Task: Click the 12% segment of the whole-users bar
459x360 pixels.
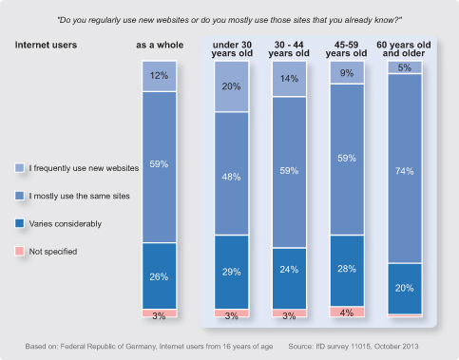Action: click(160, 76)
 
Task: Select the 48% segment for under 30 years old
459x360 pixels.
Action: click(232, 174)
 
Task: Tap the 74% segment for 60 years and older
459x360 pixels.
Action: click(405, 168)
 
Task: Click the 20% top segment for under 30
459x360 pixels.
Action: click(232, 86)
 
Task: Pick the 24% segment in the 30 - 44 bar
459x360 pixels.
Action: click(290, 278)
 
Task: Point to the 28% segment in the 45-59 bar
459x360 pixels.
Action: click(347, 271)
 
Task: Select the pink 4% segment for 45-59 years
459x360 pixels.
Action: click(347, 312)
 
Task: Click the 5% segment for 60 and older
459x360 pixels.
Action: click(405, 67)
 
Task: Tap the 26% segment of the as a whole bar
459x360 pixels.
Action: click(160, 275)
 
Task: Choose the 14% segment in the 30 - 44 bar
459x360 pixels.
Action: click(290, 79)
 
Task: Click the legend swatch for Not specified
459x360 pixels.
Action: click(20, 251)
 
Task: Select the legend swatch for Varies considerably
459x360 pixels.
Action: click(20, 223)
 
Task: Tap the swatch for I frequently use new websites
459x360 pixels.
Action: click(20, 168)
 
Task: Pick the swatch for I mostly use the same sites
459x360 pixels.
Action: click(20, 196)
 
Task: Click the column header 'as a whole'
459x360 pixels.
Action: click(160, 45)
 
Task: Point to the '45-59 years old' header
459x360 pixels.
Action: click(346, 49)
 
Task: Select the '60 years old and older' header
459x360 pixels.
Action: click(404, 49)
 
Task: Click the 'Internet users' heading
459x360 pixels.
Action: click(46, 45)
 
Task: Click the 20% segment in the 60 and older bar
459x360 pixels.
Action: click(405, 289)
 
